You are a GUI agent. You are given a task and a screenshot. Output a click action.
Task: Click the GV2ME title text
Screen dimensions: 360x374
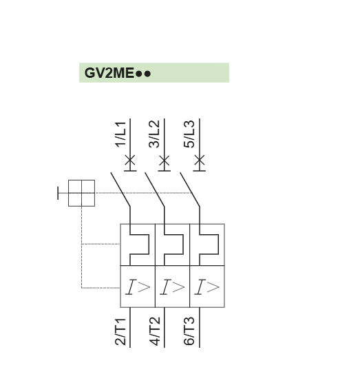pos(118,73)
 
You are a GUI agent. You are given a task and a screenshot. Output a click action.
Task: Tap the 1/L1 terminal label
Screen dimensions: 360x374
pos(120,134)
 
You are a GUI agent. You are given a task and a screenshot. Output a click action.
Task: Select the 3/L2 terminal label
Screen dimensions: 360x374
pos(154,134)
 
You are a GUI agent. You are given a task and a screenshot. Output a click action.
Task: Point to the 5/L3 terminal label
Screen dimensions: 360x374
pos(189,134)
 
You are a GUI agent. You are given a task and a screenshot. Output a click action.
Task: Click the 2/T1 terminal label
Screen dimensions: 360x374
pos(120,331)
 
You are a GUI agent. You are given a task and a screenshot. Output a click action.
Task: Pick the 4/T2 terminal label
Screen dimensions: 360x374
pos(155,331)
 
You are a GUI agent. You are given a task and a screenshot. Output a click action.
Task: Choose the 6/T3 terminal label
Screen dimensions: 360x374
pos(189,331)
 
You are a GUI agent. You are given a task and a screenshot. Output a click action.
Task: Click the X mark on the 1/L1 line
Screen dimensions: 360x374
pos(130,160)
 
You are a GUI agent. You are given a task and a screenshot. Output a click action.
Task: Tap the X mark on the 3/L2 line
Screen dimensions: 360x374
pos(165,160)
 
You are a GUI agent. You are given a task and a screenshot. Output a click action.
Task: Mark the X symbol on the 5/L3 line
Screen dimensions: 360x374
pos(200,160)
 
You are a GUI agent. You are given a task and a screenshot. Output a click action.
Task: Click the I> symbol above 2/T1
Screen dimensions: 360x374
pos(138,287)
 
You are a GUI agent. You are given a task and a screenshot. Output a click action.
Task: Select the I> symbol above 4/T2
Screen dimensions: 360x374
pos(172,287)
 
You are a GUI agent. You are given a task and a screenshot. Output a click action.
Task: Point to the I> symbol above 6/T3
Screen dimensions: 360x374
pos(207,287)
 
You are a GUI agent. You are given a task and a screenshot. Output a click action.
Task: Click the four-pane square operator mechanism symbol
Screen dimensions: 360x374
pos(81,193)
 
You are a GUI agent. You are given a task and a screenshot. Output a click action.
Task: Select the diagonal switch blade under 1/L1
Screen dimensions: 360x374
pos(120,189)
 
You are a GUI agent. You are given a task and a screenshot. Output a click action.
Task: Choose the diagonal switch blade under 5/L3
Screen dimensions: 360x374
pos(190,189)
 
